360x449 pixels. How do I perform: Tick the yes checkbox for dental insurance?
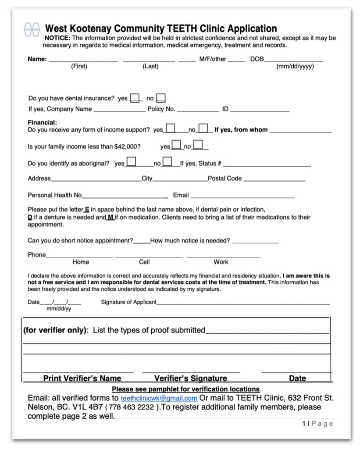coord(135,98)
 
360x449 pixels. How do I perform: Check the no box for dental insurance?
coord(161,98)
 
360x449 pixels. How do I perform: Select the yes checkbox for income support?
coord(170,128)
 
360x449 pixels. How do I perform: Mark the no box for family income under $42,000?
coord(198,145)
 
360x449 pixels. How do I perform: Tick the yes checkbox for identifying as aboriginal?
coord(131,162)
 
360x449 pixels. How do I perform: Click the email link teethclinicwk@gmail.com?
coord(159,398)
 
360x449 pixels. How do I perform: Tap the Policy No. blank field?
coord(197,110)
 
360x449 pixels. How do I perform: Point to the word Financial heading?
coord(43,123)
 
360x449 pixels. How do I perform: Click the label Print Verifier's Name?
coord(82,378)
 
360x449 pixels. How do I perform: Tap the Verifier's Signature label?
coord(190,378)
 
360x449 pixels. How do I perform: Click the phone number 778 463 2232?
coord(132,407)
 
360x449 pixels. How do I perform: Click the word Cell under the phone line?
coord(144,262)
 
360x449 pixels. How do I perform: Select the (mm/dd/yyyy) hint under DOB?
coord(295,67)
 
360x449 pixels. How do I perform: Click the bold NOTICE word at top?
coord(57,38)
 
